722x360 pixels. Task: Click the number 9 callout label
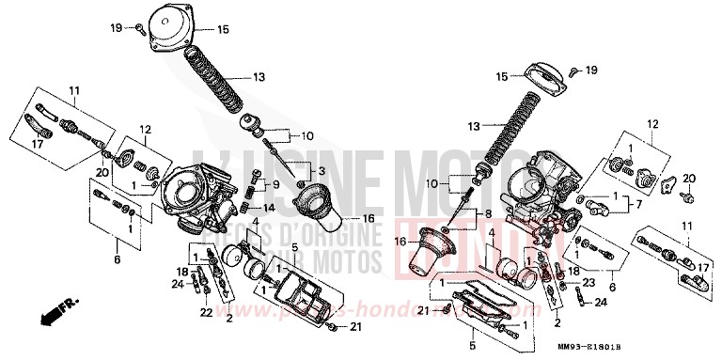(275, 183)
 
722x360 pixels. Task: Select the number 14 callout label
(268, 207)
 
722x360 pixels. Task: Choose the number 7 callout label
(637, 204)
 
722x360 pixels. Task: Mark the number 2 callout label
(228, 318)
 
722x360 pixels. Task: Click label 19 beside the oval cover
(590, 70)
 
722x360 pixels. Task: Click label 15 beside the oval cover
(502, 75)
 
